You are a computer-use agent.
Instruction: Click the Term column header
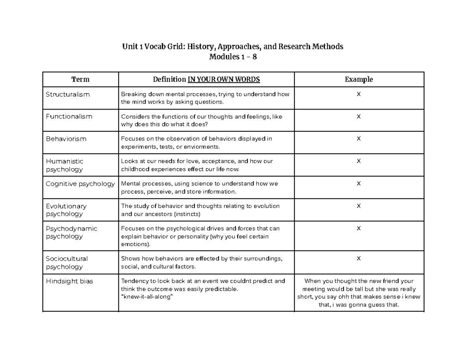[x=80, y=80]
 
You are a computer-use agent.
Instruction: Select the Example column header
[x=359, y=80]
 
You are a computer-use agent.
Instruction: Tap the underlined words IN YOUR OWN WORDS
[x=224, y=80]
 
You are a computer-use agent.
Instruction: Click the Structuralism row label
[x=68, y=94]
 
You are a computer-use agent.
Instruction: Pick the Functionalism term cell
[x=69, y=117]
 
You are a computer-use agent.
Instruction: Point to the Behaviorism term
[x=66, y=139]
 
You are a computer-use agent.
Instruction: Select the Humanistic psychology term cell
[x=64, y=165]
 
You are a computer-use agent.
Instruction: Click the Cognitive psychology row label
[x=80, y=184]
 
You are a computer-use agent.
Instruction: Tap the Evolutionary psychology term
[x=66, y=210]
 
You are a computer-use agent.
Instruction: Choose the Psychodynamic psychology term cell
[x=71, y=233]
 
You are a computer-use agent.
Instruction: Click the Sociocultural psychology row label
[x=67, y=263]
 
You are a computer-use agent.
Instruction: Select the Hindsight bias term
[x=69, y=282]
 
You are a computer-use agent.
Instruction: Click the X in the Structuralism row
[x=359, y=94]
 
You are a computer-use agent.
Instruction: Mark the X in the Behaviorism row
[x=359, y=139]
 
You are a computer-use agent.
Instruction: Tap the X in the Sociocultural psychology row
[x=359, y=259]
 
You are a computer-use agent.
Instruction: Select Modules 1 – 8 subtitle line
[x=233, y=57]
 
